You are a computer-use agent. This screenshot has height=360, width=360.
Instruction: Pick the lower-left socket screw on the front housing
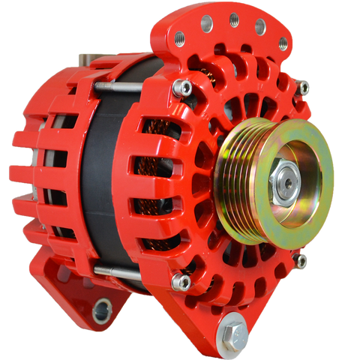(x=181, y=282)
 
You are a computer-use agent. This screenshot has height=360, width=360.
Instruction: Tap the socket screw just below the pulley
(x=301, y=261)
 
